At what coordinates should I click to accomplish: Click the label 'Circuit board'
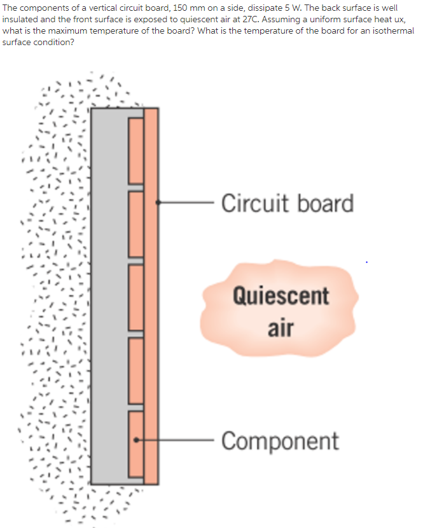pos(288,203)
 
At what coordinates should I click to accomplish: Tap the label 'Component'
pos(280,440)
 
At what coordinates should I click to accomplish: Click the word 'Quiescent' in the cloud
pos(281,295)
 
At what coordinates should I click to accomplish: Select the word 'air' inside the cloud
pos(280,328)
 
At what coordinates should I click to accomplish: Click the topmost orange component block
pos(135,151)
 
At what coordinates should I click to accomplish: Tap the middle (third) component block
pos(135,297)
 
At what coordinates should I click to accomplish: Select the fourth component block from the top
pos(135,370)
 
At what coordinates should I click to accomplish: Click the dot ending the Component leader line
pos(135,439)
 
